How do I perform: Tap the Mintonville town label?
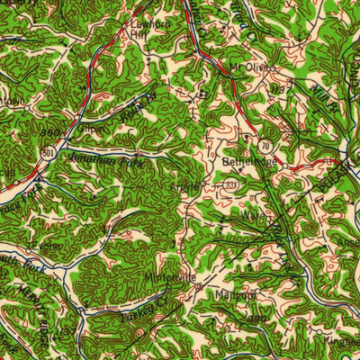point(168,278)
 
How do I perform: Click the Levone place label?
point(43,244)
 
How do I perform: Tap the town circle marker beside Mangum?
point(256,292)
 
